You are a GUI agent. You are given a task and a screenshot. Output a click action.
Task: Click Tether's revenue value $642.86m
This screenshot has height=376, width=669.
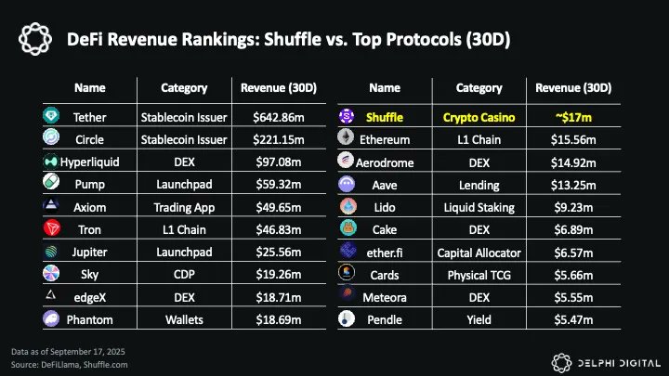[279, 117]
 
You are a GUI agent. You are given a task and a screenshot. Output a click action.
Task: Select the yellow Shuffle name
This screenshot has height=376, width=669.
[385, 117]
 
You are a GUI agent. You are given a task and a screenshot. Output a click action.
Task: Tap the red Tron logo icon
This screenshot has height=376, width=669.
[52, 228]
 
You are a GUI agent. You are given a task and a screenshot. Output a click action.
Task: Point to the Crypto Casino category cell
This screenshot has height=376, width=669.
[479, 118]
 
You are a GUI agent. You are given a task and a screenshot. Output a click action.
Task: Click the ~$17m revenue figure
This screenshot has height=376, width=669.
[573, 117]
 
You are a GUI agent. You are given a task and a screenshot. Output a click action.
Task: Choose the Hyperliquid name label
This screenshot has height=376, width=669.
[89, 162]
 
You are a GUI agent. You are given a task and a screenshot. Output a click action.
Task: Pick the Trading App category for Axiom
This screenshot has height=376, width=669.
[184, 207]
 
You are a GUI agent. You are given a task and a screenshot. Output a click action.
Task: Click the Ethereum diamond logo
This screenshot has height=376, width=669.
[346, 137]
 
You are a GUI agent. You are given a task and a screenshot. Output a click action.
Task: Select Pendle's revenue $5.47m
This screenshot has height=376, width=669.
[573, 319]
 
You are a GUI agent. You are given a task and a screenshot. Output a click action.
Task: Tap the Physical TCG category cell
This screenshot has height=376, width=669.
[479, 275]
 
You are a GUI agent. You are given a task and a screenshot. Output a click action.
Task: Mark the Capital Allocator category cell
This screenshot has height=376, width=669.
[479, 253]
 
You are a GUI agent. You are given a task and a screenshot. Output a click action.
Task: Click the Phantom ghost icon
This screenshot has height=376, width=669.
[51, 318]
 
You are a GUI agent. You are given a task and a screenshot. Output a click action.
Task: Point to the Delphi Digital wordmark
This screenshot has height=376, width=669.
[619, 363]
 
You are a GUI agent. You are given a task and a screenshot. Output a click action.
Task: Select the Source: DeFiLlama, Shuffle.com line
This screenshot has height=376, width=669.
[69, 365]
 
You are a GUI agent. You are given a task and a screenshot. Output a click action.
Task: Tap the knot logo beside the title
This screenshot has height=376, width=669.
[35, 39]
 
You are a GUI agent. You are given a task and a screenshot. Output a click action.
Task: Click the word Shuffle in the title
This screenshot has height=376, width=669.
[293, 39]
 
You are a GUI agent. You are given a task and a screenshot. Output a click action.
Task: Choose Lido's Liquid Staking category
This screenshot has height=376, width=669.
[479, 208]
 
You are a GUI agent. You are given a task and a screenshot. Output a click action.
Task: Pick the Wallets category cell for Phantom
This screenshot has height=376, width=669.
[184, 319]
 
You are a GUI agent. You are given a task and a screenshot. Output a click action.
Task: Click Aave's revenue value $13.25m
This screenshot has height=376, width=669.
[573, 185]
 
